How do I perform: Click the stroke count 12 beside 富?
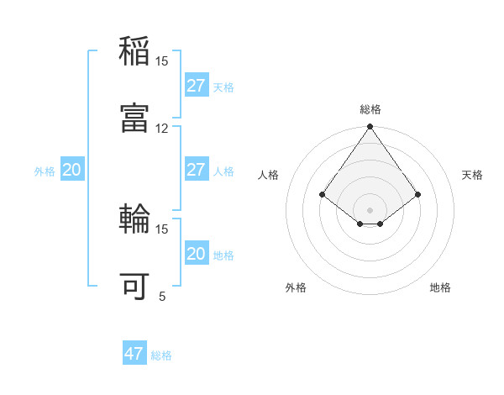(162, 128)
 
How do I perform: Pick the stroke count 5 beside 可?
(162, 296)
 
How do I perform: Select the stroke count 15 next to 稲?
(162, 61)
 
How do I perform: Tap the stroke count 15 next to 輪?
(162, 229)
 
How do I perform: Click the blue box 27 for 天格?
(196, 86)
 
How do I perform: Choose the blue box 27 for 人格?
(196, 170)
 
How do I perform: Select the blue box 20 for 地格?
(196, 254)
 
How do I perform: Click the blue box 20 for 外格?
(71, 170)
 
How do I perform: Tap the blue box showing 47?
(134, 354)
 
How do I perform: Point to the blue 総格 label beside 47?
(161, 355)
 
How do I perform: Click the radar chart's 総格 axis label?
(370, 109)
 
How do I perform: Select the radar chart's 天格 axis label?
(472, 175)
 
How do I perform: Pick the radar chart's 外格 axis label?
(296, 287)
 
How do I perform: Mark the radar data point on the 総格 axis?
(370, 127)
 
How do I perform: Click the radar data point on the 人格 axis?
(323, 195)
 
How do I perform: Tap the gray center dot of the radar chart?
(370, 209)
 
